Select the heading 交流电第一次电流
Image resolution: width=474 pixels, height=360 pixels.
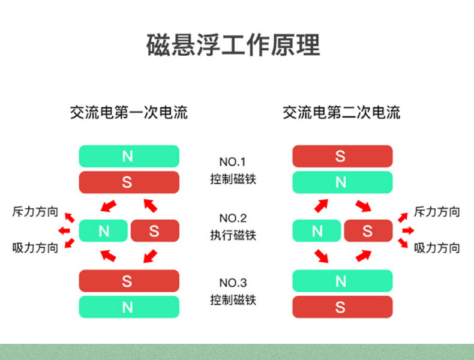click(129, 112)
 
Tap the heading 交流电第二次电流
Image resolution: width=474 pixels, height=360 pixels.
click(341, 112)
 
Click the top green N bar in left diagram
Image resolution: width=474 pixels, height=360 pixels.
click(129, 156)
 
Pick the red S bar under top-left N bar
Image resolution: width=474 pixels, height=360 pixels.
click(129, 182)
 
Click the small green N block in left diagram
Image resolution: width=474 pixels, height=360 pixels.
click(104, 230)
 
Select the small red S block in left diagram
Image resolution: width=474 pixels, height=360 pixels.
click(155, 230)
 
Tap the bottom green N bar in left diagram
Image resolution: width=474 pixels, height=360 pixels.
click(129, 307)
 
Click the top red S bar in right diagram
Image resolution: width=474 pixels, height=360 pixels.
click(342, 156)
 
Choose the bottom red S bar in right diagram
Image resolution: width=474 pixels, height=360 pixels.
click(342, 307)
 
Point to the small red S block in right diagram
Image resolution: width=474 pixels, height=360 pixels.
click(368, 230)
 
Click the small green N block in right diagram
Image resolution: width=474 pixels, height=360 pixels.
click(317, 230)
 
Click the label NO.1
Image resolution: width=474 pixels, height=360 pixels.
click(233, 162)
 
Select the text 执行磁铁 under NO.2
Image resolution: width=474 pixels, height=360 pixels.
click(233, 235)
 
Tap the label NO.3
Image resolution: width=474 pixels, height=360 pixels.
click(233, 283)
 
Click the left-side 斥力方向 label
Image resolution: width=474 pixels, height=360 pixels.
click(35, 212)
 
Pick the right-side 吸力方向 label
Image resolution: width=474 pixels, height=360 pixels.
click(437, 248)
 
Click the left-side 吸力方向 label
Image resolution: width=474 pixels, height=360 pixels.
click(35, 248)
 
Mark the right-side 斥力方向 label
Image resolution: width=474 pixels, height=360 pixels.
click(437, 212)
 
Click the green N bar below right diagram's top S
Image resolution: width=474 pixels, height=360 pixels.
click(342, 182)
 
